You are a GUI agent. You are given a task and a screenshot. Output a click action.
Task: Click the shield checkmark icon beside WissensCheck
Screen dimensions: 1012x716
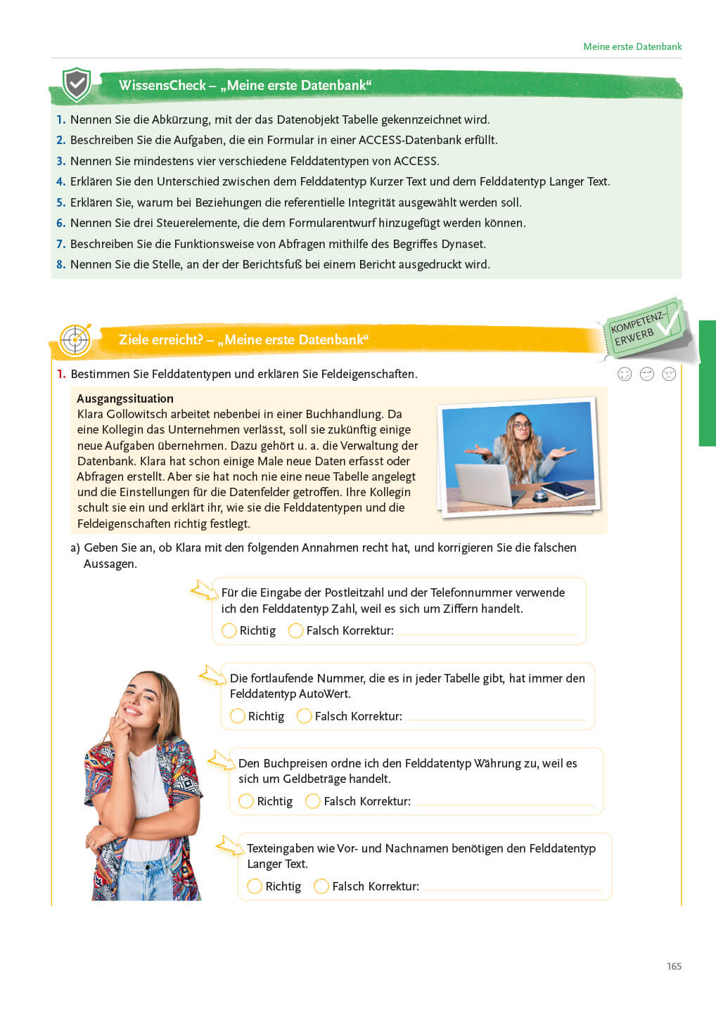coord(76,85)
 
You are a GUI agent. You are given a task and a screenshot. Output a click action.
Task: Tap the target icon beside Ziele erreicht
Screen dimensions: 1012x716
coord(75,340)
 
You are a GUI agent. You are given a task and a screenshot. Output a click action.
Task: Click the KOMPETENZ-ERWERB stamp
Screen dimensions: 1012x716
coord(642,328)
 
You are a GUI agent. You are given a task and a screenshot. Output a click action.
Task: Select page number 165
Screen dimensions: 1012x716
coord(674,966)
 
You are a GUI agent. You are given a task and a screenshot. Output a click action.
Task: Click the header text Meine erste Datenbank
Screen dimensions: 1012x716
coord(632,46)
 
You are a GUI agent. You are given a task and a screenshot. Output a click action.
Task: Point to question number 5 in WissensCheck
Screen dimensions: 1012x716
coord(60,202)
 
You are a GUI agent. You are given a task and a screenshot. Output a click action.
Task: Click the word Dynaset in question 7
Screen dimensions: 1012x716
coord(463,244)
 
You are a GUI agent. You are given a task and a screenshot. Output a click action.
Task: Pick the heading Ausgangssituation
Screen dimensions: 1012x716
coord(125,398)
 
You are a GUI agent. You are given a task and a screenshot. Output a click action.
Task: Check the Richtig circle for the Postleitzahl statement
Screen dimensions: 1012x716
coord(229,630)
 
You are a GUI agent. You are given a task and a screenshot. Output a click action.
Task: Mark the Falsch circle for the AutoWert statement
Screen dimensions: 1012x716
coord(305,716)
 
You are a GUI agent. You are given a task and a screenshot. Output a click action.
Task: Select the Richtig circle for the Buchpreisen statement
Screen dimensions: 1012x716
coord(246,801)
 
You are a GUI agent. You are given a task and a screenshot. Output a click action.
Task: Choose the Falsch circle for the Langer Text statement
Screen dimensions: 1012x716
coord(321,886)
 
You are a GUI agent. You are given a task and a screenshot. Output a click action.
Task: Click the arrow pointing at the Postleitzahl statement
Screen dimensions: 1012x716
coord(204,590)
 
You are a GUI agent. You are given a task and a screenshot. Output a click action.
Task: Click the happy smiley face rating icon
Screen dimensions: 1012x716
coord(625,374)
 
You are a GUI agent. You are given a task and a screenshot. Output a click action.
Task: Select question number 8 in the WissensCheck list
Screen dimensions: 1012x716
coord(60,264)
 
